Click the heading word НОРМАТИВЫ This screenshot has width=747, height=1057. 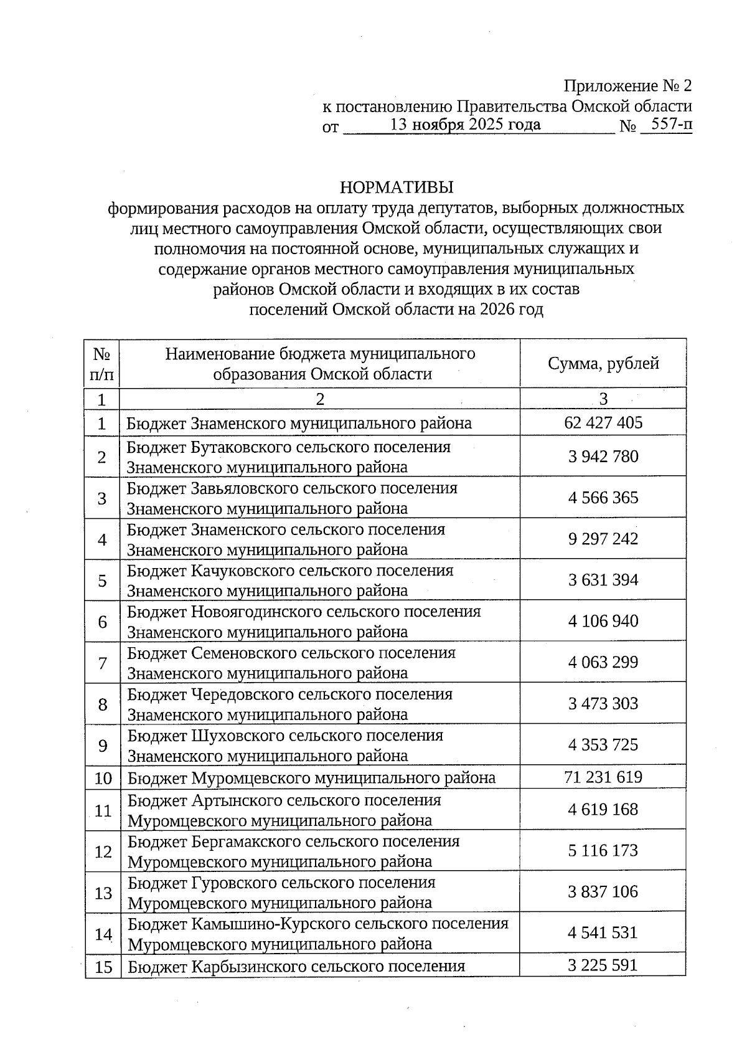[397, 187]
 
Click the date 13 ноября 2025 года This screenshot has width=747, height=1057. [464, 125]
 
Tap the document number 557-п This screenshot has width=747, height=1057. [667, 124]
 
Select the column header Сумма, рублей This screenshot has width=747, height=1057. [603, 364]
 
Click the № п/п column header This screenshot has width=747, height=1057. [102, 364]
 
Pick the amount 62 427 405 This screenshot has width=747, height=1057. [603, 423]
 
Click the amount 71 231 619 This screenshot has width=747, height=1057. [603, 777]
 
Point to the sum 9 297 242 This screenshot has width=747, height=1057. [603, 539]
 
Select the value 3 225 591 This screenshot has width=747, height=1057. [603, 965]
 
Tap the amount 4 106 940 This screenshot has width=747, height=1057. [603, 621]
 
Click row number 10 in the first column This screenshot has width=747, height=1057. [103, 778]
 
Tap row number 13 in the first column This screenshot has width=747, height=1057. [103, 893]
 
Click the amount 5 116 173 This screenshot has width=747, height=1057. [603, 851]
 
